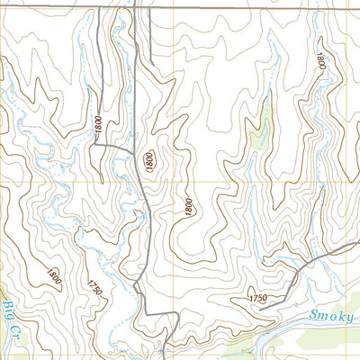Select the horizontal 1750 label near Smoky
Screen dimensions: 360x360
point(257,298)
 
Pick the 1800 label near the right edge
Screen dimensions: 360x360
point(319,60)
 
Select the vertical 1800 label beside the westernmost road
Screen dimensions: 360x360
point(97,127)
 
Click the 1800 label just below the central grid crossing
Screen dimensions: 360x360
point(188,206)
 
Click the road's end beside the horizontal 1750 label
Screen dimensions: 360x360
point(261,308)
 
